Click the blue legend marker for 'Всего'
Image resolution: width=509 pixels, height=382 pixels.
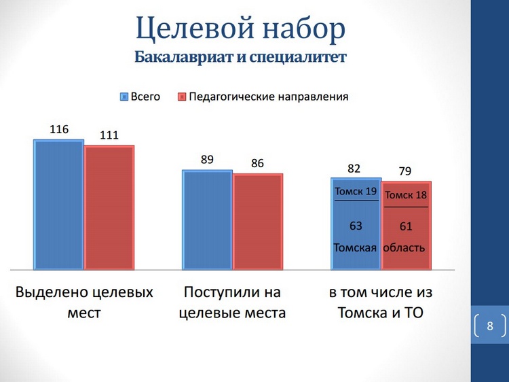coord(124,97)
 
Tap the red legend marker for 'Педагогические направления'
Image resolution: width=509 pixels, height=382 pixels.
coord(181,97)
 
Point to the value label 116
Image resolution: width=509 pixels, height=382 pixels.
coord(59,129)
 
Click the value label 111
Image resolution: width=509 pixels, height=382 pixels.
coord(109,135)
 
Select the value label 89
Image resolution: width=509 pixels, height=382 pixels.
coord(207,160)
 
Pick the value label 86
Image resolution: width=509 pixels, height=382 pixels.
coord(257,163)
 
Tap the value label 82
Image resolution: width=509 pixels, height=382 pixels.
coord(354,168)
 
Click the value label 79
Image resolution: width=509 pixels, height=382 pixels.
coord(406,171)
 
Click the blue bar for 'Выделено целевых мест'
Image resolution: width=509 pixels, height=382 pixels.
coord(59,204)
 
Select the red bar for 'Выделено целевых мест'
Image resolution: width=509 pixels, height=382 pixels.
coord(109,207)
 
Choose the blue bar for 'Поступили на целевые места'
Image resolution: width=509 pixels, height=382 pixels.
coord(207,219)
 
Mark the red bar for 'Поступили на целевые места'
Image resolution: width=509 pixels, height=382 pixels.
coord(257,221)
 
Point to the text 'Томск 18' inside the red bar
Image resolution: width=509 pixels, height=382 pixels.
coord(406,196)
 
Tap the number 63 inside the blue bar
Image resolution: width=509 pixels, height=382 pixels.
coord(356,226)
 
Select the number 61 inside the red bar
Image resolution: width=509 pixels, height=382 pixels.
coord(406,226)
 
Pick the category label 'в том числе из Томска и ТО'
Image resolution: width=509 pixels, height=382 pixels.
coord(380,302)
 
